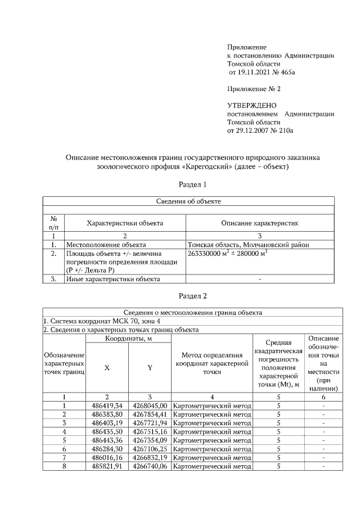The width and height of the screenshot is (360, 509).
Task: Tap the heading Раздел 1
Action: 193,184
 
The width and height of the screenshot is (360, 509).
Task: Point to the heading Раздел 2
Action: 193,295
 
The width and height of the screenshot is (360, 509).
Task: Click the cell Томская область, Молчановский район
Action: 248,245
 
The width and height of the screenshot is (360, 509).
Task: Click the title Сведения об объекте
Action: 188,201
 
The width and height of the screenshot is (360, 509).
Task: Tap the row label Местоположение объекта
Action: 106,245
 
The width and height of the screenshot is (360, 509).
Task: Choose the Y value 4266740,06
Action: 150,466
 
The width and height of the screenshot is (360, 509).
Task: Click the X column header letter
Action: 107,367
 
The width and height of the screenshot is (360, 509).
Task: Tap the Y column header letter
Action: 150,367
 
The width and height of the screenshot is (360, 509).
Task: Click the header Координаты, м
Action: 128,338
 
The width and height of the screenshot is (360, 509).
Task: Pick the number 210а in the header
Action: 286,130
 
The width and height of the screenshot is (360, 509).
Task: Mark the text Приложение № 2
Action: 254,89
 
